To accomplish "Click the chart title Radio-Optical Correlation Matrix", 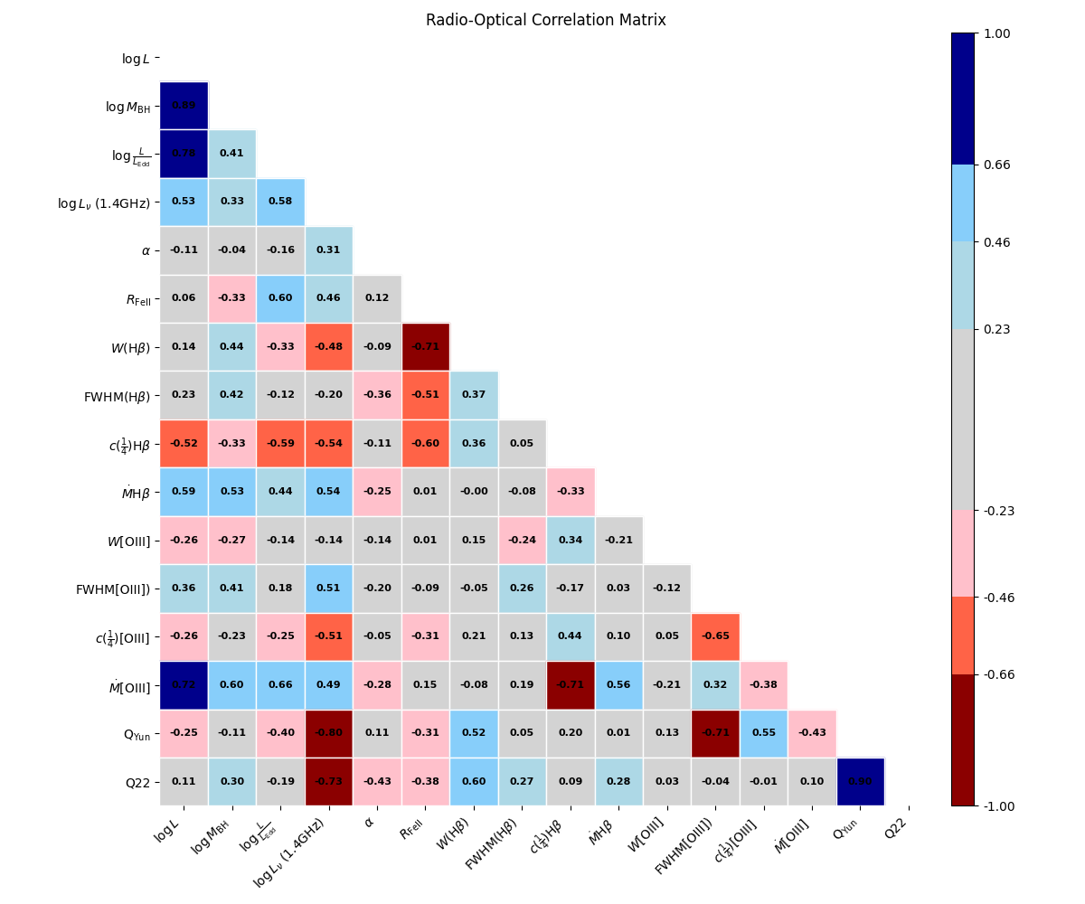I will [545, 20].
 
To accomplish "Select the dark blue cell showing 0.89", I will [184, 105].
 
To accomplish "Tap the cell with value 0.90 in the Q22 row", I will [860, 782].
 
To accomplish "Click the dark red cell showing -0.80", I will [328, 733].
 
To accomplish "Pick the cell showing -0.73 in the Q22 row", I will [328, 782].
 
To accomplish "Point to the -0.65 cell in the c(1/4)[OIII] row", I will [715, 636].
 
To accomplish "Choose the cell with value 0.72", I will [184, 685].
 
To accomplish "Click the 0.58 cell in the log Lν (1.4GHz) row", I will [280, 202].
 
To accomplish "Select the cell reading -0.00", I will [474, 492].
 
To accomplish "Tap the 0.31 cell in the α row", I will [328, 250].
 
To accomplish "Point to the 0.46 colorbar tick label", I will [997, 242].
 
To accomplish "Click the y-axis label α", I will [146, 250].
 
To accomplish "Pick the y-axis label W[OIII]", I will [128, 541].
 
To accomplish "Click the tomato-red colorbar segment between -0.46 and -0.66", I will [963, 636].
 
